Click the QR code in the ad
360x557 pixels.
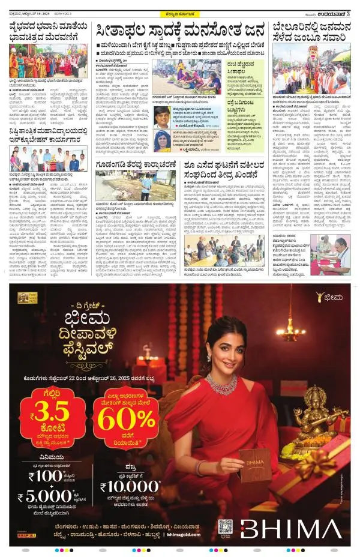click(225, 526)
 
